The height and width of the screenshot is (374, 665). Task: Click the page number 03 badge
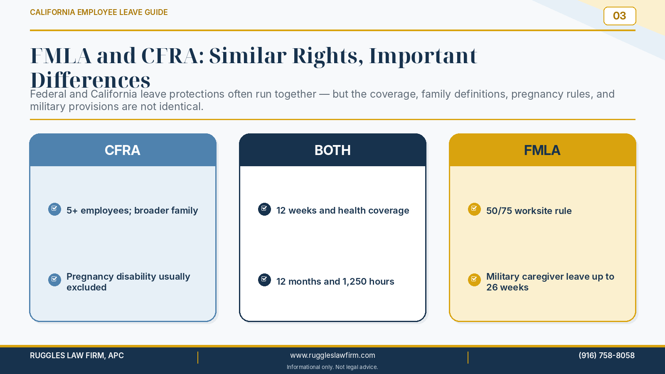click(620, 16)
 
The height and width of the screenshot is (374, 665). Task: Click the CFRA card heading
click(122, 150)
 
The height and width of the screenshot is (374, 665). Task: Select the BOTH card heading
click(332, 150)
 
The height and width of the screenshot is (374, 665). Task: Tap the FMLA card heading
click(542, 150)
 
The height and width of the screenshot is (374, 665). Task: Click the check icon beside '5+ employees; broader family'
click(54, 209)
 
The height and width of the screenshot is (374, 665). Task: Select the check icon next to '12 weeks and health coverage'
click(264, 209)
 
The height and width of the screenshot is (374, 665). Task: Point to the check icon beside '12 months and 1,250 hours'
click(264, 280)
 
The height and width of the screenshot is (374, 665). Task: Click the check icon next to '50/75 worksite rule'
click(474, 209)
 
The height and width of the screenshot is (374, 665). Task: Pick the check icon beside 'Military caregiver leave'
click(474, 280)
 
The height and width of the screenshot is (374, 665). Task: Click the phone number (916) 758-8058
click(606, 355)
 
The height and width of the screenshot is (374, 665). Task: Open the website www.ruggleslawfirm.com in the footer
click(332, 355)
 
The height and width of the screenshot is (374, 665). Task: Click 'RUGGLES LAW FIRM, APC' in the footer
click(77, 355)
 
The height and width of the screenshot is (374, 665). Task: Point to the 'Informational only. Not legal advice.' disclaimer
click(332, 367)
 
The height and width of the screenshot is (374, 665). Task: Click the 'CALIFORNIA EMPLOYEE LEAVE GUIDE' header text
click(99, 12)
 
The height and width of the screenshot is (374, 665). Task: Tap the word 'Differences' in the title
click(90, 80)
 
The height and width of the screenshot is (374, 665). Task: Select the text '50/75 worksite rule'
click(529, 211)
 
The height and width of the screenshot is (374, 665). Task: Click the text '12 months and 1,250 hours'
click(335, 281)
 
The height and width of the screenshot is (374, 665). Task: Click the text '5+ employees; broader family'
click(132, 210)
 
